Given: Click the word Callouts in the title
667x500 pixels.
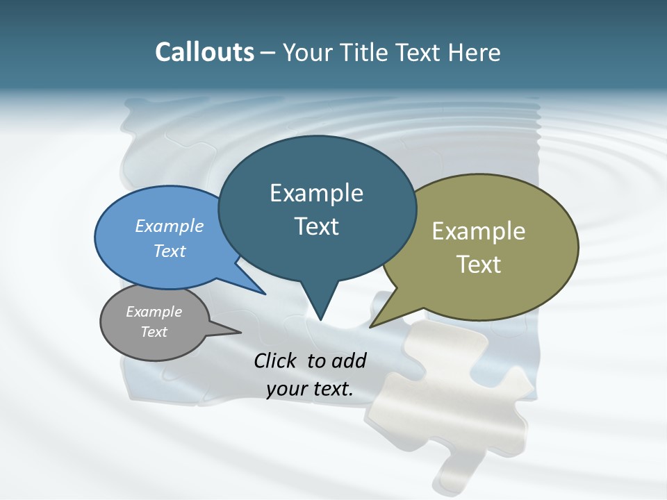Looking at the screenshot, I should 204,52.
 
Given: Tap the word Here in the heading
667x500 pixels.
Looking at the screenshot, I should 473,52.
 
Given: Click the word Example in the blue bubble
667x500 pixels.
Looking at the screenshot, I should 170,226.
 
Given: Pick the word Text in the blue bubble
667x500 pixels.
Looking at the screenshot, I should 170,251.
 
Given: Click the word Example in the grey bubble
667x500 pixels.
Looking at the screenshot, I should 154,312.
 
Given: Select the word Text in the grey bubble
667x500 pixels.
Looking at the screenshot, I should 154,332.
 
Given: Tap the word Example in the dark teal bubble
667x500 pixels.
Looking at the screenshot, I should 316,193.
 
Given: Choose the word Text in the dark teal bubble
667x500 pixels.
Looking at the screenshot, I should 316,226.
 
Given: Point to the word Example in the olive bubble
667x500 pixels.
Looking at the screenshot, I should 479,231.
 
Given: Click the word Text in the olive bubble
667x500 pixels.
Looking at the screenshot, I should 479,265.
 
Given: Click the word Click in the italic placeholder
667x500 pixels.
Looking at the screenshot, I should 277,360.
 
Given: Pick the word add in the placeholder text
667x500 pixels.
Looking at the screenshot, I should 349,360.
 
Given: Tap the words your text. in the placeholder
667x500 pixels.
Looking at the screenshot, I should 309,389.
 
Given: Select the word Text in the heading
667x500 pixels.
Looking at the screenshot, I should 421,52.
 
